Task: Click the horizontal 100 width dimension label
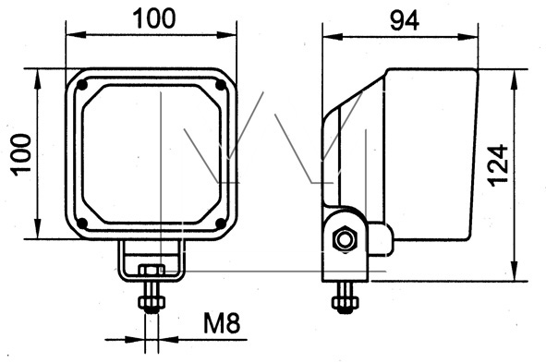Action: [155, 18]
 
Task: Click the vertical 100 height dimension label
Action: [20, 154]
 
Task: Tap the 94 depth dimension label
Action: [405, 21]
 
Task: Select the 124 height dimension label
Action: [498, 165]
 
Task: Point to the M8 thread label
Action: [222, 323]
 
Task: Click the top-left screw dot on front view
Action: [81, 85]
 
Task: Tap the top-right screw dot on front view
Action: [221, 85]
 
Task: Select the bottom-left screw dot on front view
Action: [81, 224]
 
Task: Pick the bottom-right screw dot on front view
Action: [221, 224]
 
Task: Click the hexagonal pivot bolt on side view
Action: [346, 240]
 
